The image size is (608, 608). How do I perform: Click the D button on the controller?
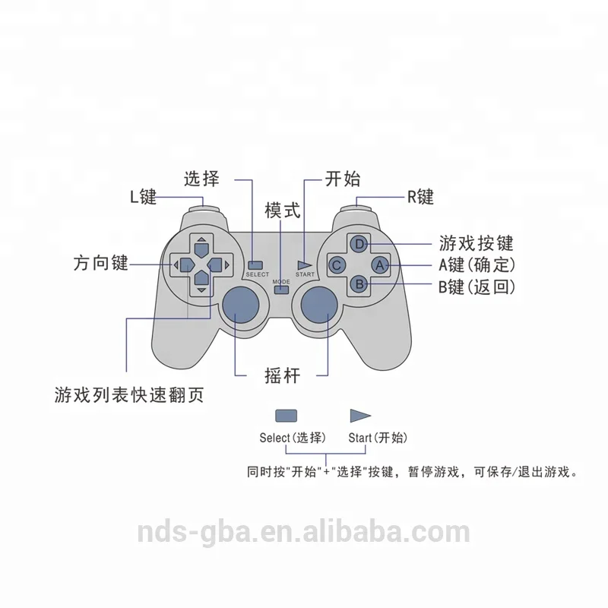[x=359, y=244]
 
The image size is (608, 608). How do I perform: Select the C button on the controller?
[x=338, y=264]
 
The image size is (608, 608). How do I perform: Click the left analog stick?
[x=241, y=306]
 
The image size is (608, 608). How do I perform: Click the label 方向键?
[x=100, y=264]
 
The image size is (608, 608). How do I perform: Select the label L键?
[x=142, y=197]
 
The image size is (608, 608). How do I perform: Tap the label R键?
[x=420, y=197]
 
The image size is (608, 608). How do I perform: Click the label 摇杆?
[x=281, y=374]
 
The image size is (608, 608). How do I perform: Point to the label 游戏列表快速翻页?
[x=128, y=396]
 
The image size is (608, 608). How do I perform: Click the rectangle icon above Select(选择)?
[x=286, y=416]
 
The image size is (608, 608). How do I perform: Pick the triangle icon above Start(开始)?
[x=359, y=416]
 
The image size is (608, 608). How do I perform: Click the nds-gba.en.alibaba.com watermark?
[x=303, y=531]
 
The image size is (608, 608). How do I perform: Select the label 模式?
[x=282, y=211]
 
